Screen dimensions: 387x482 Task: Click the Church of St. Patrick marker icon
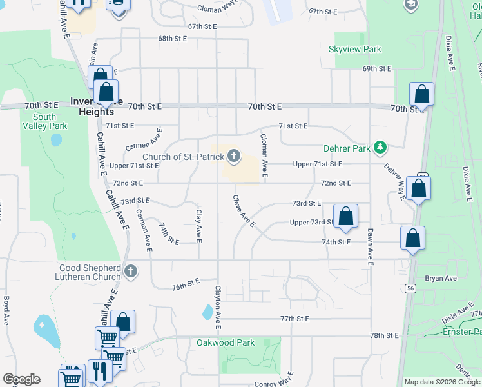(x=234, y=155)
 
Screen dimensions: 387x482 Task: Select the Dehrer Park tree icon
(x=380, y=148)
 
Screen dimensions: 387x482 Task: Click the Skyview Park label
(x=354, y=49)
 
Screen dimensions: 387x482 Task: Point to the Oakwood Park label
(x=226, y=343)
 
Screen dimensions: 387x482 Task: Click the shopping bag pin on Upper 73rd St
(x=346, y=217)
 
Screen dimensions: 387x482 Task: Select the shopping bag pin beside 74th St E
(x=412, y=237)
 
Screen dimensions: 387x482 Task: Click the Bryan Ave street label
(x=441, y=279)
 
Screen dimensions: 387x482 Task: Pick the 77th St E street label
(x=294, y=319)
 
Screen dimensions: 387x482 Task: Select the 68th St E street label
(x=173, y=39)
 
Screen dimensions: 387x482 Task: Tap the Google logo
(x=21, y=379)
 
